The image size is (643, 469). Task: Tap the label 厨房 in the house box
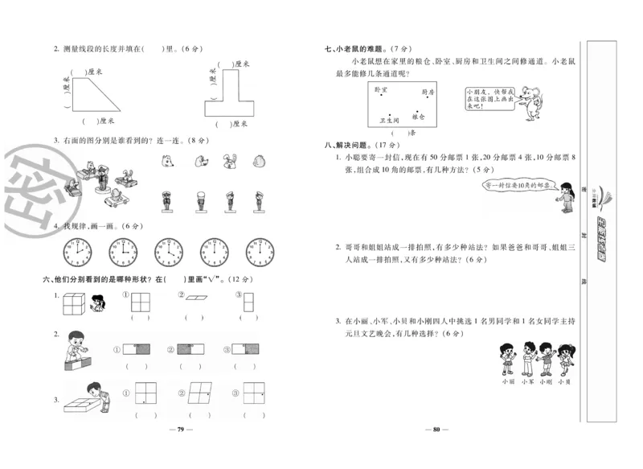(x=427, y=92)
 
